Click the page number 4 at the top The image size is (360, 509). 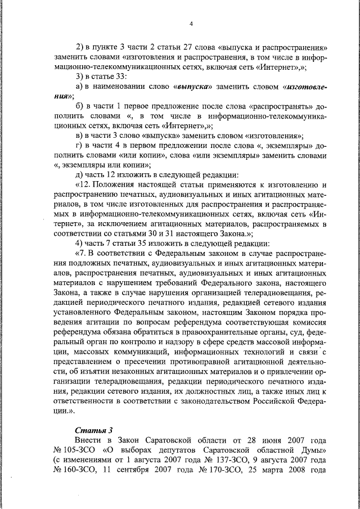[x=191, y=23]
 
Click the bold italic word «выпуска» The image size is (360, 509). [x=192, y=87]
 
